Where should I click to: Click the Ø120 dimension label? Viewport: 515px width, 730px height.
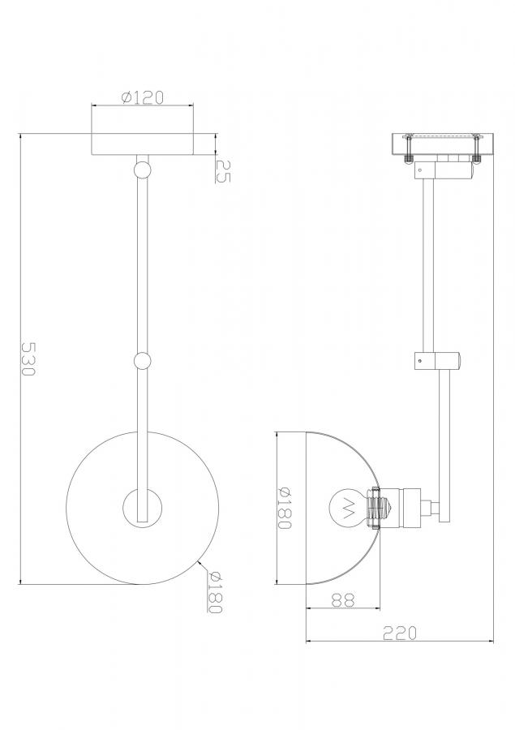coord(143,98)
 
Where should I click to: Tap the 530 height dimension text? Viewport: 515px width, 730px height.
coord(28,359)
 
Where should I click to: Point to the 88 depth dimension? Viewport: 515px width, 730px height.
coord(343,599)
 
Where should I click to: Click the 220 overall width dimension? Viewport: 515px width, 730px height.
coord(400,633)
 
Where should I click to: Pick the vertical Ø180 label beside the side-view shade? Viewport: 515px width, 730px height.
coord(284,508)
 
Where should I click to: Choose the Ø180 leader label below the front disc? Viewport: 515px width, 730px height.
coord(215,592)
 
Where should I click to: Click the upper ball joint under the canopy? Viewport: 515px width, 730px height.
coord(142,170)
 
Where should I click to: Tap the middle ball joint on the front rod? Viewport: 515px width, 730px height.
coord(142,361)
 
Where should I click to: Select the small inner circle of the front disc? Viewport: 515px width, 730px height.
coord(143,508)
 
